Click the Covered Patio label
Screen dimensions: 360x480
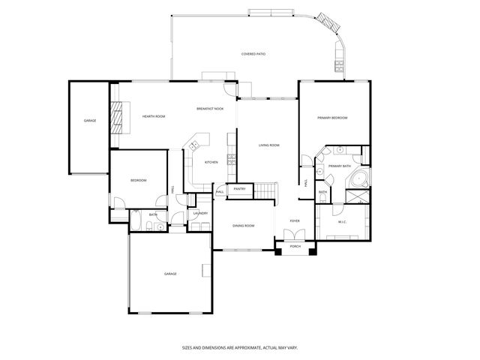pos(254,54)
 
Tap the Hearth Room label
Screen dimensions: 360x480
pos(154,116)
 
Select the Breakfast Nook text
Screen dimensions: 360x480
pos(210,109)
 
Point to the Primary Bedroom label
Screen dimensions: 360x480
pos(331,118)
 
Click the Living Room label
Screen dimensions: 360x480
pos(269,145)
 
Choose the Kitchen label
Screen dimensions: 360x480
pos(211,162)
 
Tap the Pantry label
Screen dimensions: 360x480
pos(239,189)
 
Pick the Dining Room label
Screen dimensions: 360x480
pos(243,226)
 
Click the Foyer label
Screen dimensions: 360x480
pos(295,221)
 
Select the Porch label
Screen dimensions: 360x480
pos(295,246)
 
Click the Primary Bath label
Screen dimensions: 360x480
pos(340,166)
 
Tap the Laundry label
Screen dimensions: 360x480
pos(200,214)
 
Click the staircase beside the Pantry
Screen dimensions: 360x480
pos(268,190)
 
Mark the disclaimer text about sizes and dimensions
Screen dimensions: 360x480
pos(239,347)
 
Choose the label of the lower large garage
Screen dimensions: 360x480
pos(170,274)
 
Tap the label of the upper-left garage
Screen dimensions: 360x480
pos(90,121)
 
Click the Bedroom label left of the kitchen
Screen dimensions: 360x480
pos(139,181)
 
